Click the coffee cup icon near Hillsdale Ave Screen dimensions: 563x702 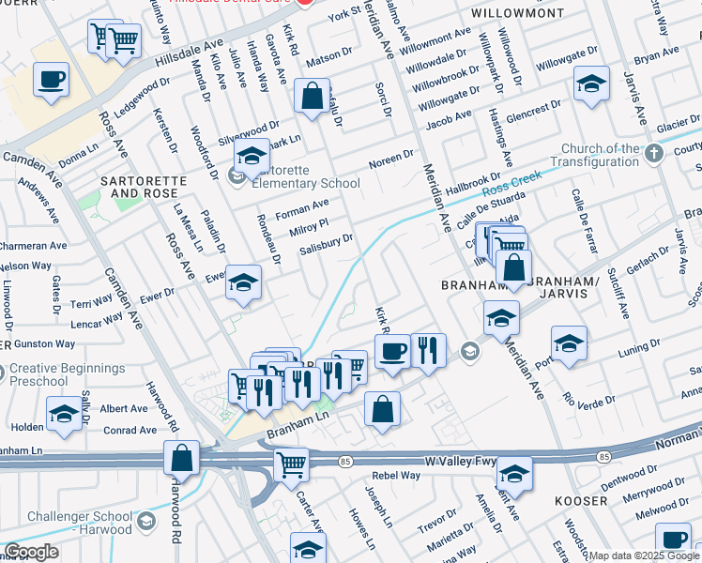51,79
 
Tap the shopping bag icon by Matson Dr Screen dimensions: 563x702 311,96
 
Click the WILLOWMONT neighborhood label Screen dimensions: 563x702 518,14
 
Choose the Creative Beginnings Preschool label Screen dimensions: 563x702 67,373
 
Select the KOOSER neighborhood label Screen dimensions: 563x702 580,501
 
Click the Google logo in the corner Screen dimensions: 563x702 32,552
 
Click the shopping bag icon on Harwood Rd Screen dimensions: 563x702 182,458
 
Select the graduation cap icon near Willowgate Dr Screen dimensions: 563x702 592,84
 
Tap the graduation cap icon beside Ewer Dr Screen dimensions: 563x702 243,282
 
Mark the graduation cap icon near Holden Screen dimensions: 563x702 64,412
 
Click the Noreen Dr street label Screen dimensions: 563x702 391,156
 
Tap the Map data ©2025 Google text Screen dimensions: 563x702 644,555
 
